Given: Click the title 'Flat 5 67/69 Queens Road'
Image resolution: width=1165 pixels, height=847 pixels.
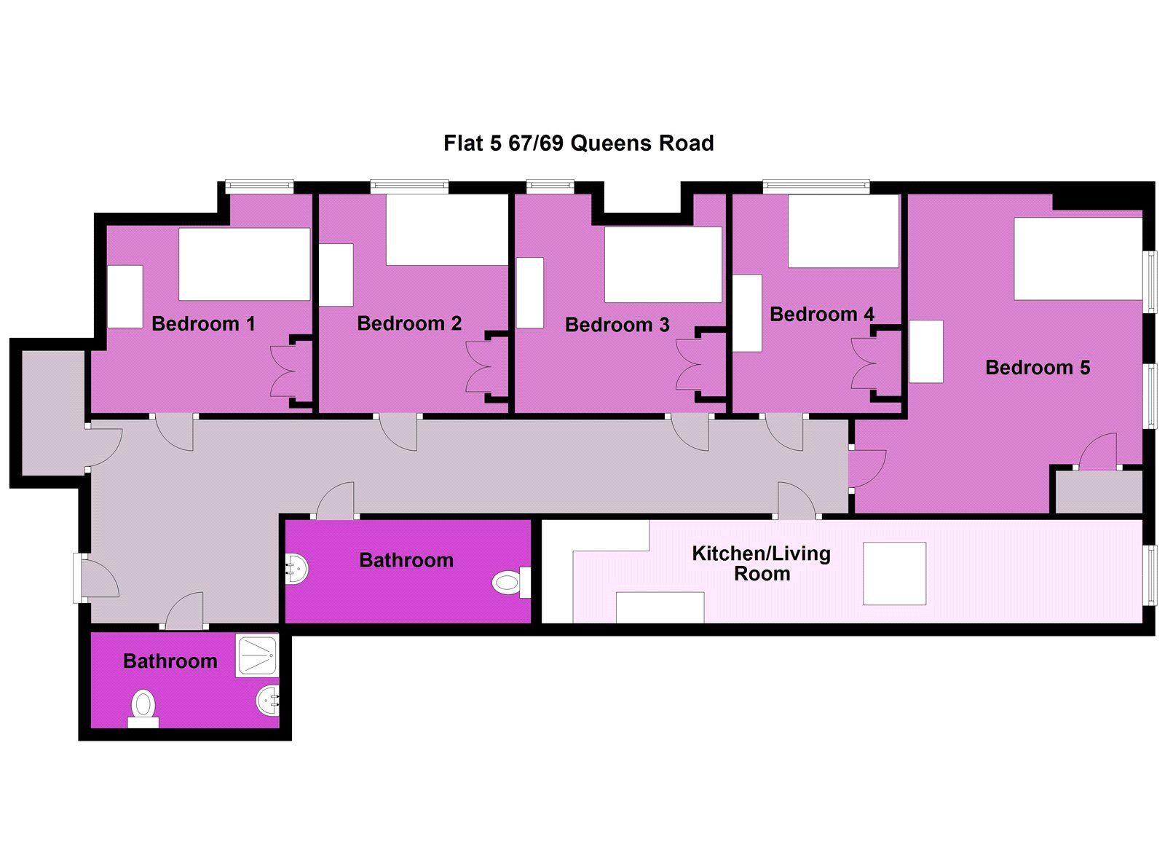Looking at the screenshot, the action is pos(578,143).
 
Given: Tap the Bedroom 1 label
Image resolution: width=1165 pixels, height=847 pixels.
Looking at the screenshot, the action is pos(203,323).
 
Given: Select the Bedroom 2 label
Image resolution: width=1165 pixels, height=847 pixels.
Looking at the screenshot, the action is pos(409,323).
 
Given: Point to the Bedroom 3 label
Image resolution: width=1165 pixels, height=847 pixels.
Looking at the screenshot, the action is pos(617,325).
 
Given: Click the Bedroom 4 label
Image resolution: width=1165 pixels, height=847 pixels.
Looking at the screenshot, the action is pos(822,314).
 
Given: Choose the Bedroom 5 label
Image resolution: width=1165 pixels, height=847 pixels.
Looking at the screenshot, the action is pos(1038,368).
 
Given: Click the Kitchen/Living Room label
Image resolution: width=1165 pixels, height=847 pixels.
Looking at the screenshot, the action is pos(762,564).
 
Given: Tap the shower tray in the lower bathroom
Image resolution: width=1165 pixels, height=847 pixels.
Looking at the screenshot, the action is pos(257,655).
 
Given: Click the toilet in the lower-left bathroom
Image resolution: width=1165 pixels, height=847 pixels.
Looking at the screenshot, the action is pos(143,708).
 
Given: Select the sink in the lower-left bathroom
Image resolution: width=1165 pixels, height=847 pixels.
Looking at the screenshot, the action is pos(268,701).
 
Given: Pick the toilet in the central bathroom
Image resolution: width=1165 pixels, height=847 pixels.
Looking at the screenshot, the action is pos(511,582).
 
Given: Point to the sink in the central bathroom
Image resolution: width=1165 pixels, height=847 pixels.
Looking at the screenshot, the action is pos(297,569).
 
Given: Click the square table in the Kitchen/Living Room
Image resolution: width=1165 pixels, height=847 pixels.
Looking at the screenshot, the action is pos(895,573).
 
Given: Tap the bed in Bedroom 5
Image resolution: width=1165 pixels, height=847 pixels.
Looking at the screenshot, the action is pos(1078,259).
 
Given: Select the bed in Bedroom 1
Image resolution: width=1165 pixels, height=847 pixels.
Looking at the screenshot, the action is pos(245,264).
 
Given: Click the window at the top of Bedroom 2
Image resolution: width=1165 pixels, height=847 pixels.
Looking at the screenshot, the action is pos(409,185).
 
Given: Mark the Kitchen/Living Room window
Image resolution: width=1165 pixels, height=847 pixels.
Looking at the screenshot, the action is pos(1153,575).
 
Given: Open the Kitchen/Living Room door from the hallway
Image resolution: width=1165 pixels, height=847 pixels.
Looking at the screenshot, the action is pos(798,499).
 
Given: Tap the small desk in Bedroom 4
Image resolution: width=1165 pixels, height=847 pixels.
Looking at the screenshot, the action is pos(747,313).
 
